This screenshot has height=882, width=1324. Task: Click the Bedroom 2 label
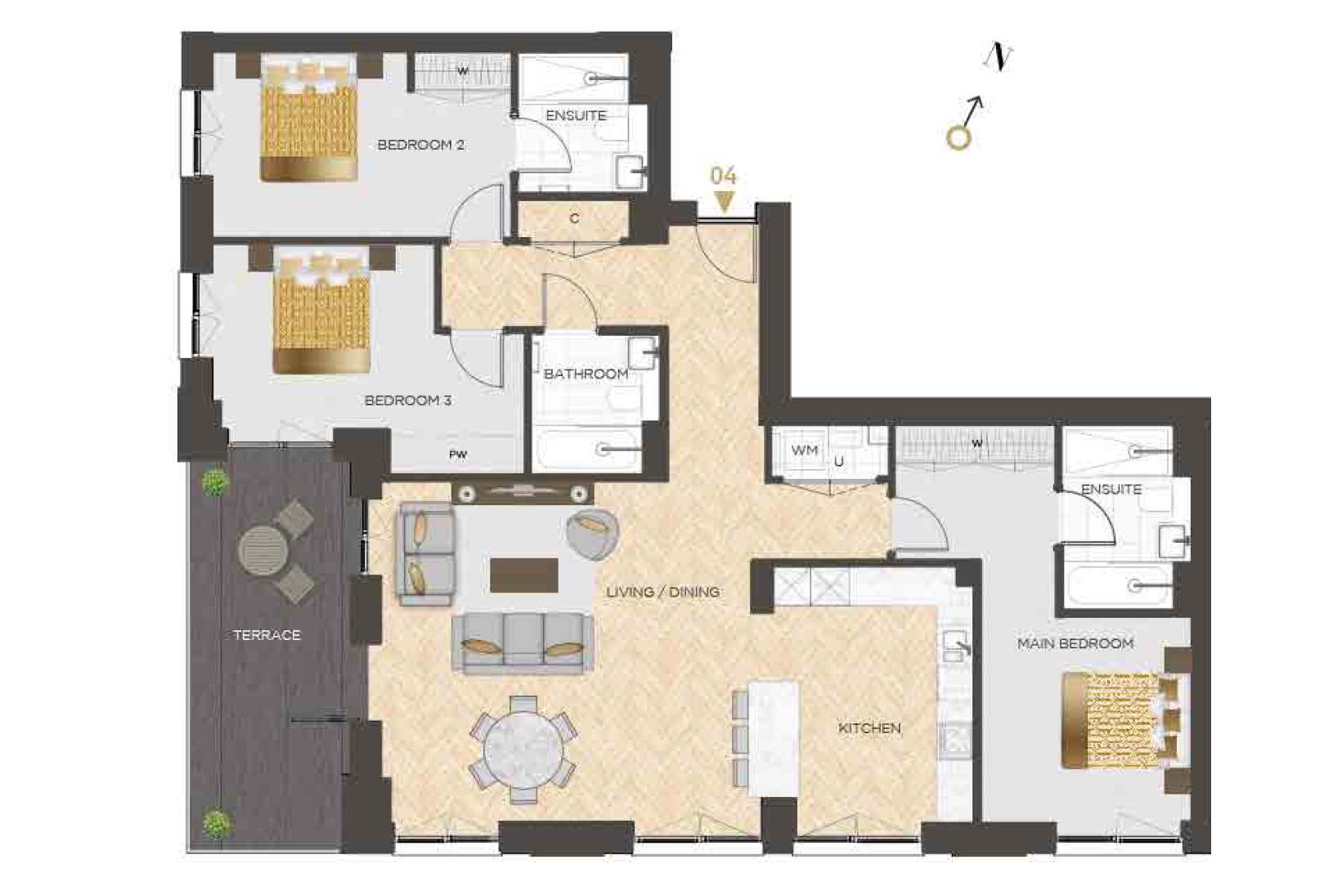click(420, 145)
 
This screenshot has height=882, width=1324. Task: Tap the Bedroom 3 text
click(408, 401)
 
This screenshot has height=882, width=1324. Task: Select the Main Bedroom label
click(1075, 643)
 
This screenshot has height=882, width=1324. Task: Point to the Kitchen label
click(869, 728)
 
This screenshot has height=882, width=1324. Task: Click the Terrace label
click(267, 635)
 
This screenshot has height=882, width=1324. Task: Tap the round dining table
click(523, 749)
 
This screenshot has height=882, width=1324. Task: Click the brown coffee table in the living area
click(524, 575)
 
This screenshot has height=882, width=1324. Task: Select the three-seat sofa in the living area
click(523, 643)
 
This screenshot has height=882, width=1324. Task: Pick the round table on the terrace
click(262, 551)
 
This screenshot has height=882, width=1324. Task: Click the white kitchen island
click(773, 739)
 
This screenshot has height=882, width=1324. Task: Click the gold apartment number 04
click(724, 176)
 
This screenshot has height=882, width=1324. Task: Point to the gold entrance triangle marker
click(724, 201)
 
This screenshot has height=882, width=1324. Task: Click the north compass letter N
click(999, 57)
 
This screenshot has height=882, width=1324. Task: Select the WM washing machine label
click(805, 450)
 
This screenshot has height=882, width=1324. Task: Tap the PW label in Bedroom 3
click(458, 454)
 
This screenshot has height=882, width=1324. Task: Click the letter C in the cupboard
click(574, 218)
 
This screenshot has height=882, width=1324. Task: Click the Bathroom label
click(586, 374)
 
